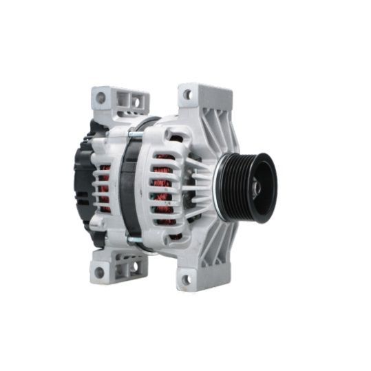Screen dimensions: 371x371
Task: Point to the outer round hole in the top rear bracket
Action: coord(100,98)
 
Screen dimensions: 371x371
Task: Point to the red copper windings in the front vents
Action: coord(162,184)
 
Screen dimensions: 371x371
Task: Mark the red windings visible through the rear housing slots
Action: coord(103,187)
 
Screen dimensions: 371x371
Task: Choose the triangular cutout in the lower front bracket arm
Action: coord(219,242)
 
